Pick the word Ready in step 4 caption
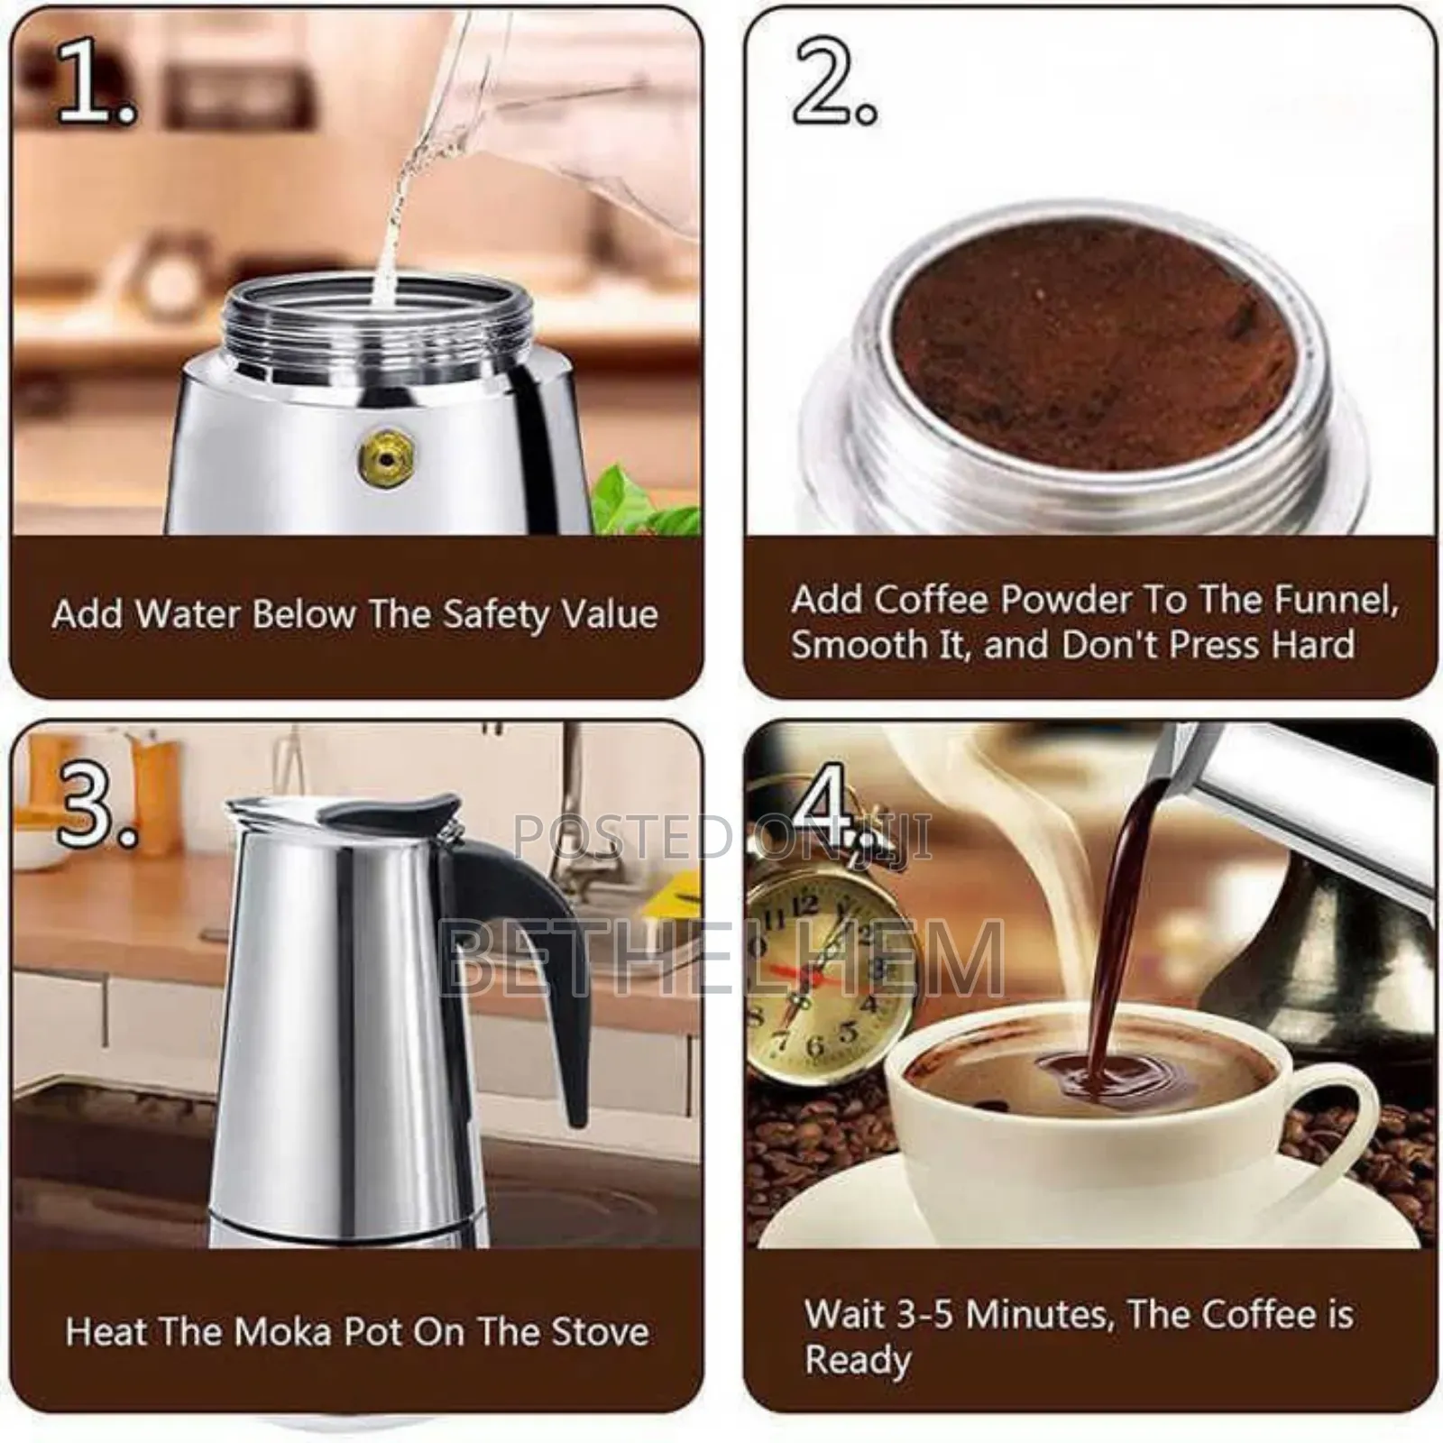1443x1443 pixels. coord(857,1359)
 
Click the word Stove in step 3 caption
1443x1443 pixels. coord(600,1332)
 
